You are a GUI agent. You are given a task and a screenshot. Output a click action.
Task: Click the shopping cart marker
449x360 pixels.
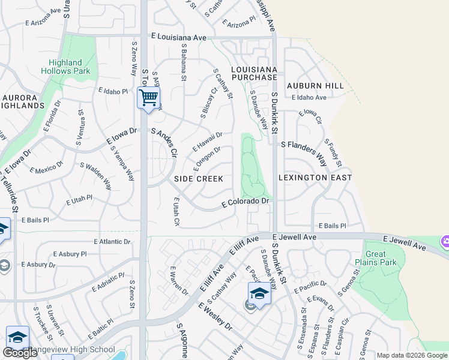[x=148, y=97]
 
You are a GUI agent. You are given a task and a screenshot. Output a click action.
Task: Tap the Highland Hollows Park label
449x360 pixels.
[x=65, y=67]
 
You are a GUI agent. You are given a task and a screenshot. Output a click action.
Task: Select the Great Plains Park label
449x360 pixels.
[x=381, y=259]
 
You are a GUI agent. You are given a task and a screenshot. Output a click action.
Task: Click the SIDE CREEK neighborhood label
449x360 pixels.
[x=199, y=179]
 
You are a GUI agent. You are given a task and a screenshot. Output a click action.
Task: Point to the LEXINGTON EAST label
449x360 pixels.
[x=315, y=178]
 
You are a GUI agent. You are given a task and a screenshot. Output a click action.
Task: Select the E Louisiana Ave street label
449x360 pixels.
[x=179, y=37]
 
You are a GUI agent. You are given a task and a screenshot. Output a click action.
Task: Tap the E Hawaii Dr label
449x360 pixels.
[x=208, y=142]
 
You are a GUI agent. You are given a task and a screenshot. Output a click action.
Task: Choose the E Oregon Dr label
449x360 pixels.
[x=207, y=157]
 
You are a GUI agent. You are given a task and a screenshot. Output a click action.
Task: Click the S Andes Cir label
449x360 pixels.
[x=164, y=142]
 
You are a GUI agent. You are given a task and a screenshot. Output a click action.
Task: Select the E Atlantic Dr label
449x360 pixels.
[x=112, y=241]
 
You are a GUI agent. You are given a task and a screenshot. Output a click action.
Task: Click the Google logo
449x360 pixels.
[x=19, y=353]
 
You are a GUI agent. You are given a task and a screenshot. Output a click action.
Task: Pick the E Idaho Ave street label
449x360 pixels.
[x=309, y=97]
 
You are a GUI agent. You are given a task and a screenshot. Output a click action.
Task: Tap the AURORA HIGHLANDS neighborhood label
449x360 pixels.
[x=23, y=101]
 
